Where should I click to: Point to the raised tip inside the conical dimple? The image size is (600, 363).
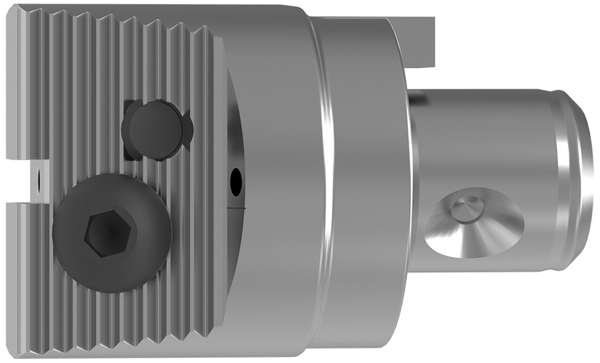(464, 208)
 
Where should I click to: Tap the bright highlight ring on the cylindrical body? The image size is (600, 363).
(327, 180)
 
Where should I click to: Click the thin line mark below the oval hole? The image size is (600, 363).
(236, 207)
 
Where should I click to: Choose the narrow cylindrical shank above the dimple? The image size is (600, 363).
(480, 132)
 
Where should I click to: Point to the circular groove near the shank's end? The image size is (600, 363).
(561, 180)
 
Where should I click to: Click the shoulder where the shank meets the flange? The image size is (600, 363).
(412, 180)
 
